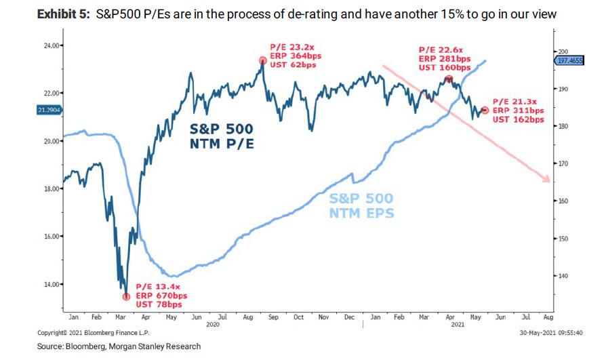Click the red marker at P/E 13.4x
[126, 296]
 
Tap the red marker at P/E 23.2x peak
[262, 60]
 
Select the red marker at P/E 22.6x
[449, 79]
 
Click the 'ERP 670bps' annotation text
[161, 296]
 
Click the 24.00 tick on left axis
[52, 45]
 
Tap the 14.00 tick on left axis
[52, 284]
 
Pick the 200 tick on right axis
[563, 52]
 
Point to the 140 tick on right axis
[563, 276]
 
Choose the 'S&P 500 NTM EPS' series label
[361, 205]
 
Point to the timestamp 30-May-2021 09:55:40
[549, 334]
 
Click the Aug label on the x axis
[548, 317]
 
